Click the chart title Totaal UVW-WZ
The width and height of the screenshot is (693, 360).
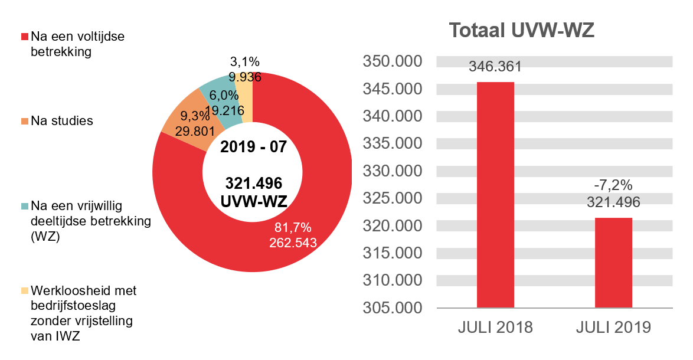[x=521, y=31]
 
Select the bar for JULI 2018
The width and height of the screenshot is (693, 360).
[x=495, y=195]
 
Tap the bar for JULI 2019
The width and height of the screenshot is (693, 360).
[x=613, y=263]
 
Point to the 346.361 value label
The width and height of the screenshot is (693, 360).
[x=495, y=67]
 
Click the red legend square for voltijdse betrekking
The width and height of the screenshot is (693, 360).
[x=24, y=37]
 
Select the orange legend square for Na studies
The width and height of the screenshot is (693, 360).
[x=24, y=122]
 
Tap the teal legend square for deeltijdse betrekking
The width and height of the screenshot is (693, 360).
[x=24, y=207]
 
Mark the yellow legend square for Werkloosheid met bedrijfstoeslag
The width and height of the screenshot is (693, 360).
[x=24, y=291]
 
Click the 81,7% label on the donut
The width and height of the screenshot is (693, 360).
[x=293, y=228]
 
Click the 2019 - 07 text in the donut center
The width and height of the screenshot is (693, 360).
[x=253, y=146]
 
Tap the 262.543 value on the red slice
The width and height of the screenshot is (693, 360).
[x=293, y=243]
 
